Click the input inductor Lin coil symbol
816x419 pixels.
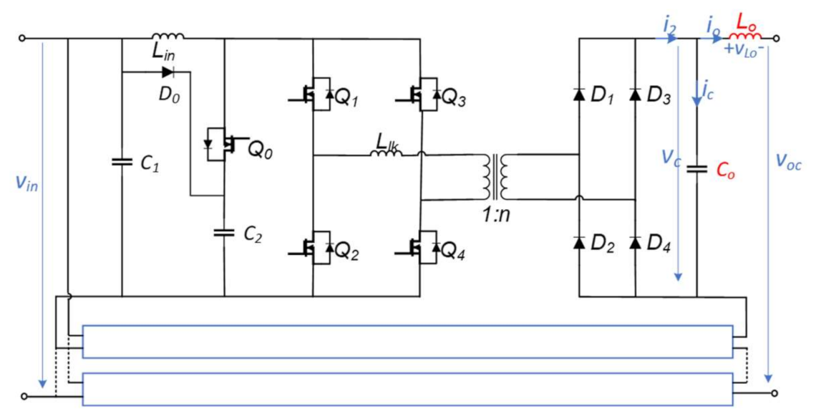point(168,35)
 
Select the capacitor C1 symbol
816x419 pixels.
point(122,162)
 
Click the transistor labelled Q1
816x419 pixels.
point(313,95)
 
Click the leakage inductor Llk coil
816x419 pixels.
point(387,153)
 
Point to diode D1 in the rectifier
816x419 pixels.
point(578,95)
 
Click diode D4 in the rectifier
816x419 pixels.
point(635,242)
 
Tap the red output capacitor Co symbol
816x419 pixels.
point(696,170)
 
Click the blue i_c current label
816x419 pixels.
point(706,92)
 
